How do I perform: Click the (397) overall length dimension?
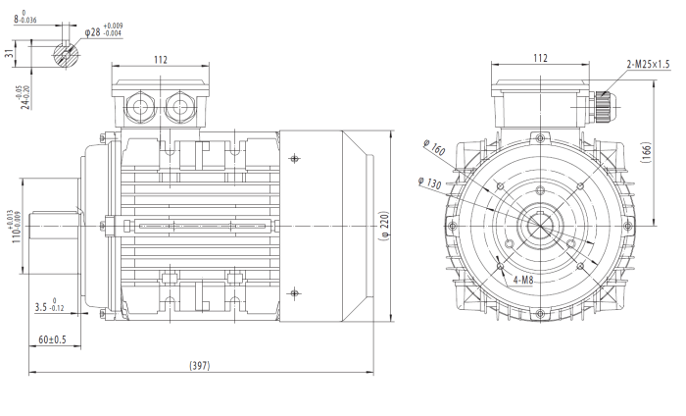pos(201,365)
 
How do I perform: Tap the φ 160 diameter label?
pos(434,149)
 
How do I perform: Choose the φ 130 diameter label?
pos(429,182)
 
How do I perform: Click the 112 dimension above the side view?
pos(160,60)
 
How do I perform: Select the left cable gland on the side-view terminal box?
pos(139,103)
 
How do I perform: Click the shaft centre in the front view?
pos(540,227)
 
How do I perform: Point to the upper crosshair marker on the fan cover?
pos(297,159)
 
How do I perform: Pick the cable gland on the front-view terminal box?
pos(601,101)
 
